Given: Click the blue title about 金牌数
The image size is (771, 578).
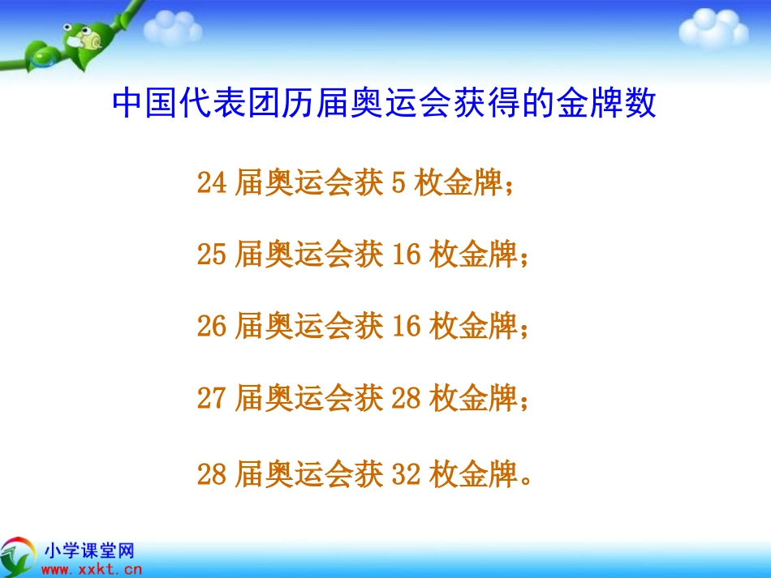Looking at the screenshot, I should (384, 105).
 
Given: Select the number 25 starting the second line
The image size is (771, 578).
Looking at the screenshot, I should (211, 255).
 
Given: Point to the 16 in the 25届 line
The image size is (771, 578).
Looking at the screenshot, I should (406, 255).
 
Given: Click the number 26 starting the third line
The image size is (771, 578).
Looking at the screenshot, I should (211, 327).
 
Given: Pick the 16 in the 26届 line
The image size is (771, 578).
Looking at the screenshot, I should (406, 327).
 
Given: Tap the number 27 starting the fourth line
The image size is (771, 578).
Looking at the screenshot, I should (211, 398).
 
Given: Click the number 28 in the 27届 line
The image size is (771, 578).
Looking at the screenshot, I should (406, 398).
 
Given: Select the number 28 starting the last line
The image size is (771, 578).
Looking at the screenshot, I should (211, 474).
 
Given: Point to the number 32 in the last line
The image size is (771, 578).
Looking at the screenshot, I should (406, 474).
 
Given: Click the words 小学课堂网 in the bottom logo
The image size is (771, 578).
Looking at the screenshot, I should (88, 551).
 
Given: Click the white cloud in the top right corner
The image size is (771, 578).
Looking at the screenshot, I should (713, 29).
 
